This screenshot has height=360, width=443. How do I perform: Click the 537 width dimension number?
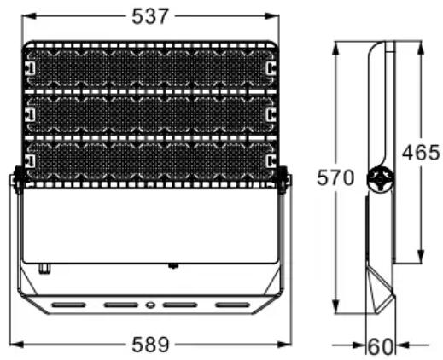150,16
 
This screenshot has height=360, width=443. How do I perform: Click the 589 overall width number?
150,345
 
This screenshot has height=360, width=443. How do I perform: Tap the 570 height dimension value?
335,177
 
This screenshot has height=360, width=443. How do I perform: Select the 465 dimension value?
421,153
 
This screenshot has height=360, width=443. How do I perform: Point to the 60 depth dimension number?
381,346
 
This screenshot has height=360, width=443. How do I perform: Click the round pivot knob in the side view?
380,179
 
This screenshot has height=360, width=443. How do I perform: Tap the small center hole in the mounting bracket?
150,305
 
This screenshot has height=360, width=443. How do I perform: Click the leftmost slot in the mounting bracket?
68,305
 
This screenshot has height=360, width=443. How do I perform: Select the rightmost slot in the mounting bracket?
232,305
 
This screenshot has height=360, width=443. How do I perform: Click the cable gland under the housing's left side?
44,269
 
